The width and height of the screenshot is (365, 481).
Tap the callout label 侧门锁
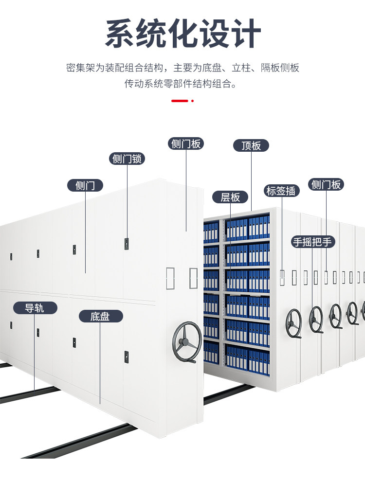(x=127, y=159)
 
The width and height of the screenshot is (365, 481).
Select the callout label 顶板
(x=251, y=145)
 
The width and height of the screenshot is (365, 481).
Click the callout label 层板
(x=230, y=197)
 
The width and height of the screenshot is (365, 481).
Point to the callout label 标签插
(x=282, y=191)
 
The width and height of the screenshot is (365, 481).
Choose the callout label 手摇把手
(x=314, y=242)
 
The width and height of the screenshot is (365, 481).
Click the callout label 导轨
(x=35, y=308)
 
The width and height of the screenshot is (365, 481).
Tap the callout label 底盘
(x=100, y=317)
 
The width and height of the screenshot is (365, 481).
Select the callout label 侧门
(x=85, y=185)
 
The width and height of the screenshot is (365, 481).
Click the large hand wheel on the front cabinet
(x=187, y=342)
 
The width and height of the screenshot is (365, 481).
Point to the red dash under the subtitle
(x=180, y=101)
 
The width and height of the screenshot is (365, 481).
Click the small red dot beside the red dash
(x=192, y=101)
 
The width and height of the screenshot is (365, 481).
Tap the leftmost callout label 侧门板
(x=185, y=143)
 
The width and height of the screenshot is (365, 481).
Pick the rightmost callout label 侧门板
(x=326, y=184)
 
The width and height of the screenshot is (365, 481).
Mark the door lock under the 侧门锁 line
(x=127, y=241)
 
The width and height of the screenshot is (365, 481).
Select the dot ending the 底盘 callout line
(x=100, y=403)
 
